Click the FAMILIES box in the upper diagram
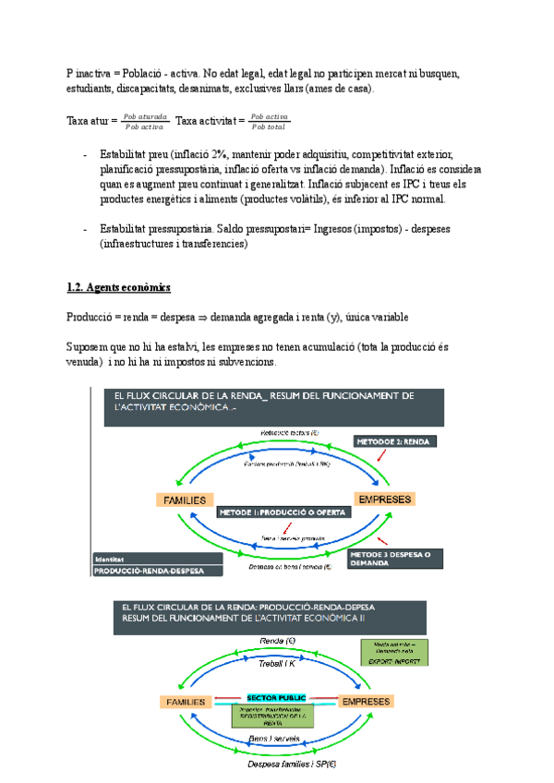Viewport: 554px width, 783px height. [185, 500]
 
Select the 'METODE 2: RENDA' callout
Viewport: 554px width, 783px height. [396, 441]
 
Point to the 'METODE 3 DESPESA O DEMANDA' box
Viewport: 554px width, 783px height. [396, 559]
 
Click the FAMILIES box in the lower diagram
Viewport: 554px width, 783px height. [185, 702]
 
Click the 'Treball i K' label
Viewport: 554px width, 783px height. [276, 663]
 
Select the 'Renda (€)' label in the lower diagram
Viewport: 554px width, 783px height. [276, 641]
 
